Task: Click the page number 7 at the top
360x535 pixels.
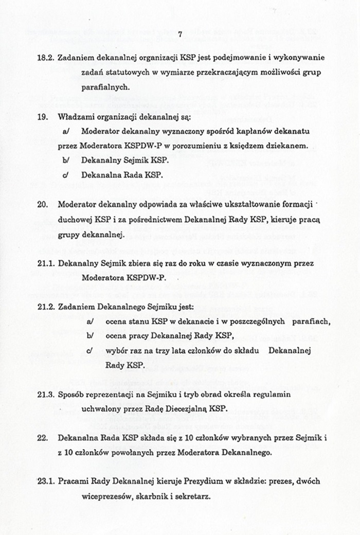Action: point(180,34)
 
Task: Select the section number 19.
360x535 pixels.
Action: point(43,117)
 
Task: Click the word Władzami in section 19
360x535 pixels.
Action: point(76,117)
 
